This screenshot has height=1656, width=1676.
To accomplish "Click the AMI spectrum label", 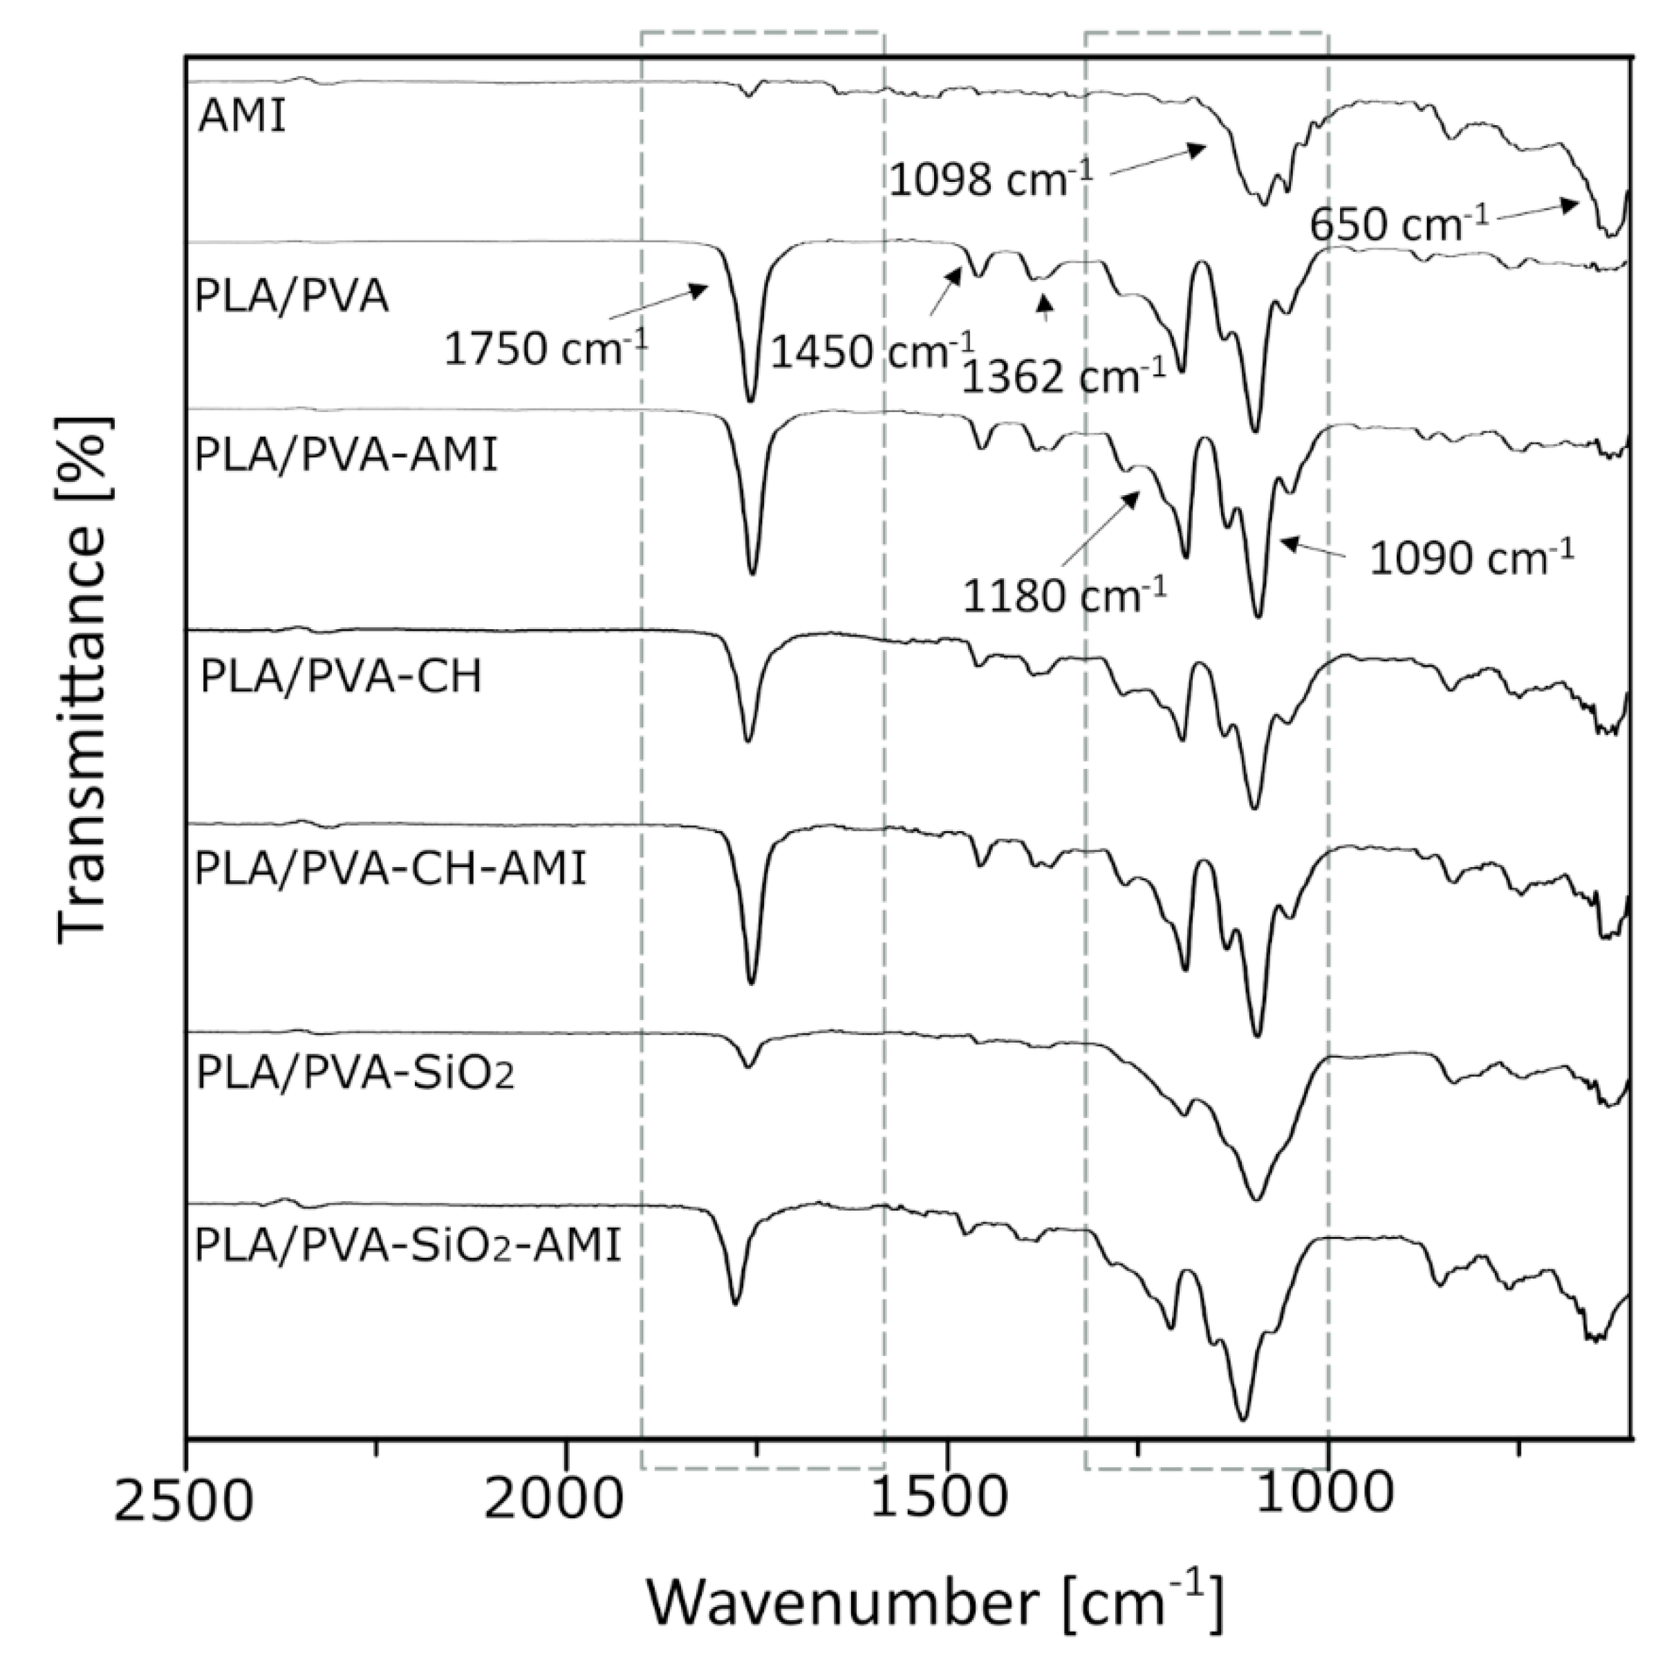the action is tap(242, 115).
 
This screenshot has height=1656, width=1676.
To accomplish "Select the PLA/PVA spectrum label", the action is tap(292, 297).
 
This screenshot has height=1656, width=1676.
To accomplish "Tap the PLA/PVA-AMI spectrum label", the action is tap(347, 454).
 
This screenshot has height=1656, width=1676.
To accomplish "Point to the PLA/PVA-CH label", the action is tap(341, 676).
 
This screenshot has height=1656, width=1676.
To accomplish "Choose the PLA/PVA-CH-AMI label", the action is tap(391, 868).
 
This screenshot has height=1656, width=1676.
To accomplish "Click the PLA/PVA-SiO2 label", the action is tap(355, 1073).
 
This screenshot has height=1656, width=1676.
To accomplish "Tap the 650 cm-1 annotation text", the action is tap(1399, 224).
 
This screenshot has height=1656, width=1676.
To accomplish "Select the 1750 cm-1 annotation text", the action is tap(546, 348).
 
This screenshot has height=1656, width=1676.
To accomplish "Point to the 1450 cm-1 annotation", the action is tap(873, 351).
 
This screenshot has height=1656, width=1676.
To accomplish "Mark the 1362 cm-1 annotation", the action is tap(1063, 376).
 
